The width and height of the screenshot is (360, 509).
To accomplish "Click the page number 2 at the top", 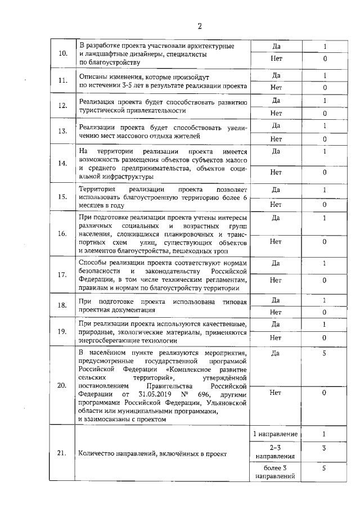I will point(199,25).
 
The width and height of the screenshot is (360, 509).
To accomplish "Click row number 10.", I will point(63,53).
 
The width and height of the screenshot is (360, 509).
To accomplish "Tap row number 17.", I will point(63,274).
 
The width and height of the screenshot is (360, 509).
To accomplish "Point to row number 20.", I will point(63,386).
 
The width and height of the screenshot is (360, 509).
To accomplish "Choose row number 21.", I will point(63,453).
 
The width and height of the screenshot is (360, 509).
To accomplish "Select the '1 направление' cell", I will point(276,434).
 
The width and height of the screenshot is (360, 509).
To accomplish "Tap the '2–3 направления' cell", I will point(276,452).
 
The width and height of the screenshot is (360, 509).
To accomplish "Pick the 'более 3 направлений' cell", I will point(276,472).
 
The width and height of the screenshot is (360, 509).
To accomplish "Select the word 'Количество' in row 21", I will point(97,453).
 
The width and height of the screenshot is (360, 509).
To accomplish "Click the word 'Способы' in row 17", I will point(93,263).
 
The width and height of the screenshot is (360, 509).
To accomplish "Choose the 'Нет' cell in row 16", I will point(276,242).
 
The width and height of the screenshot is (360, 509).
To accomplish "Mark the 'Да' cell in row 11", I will point(276,75).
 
